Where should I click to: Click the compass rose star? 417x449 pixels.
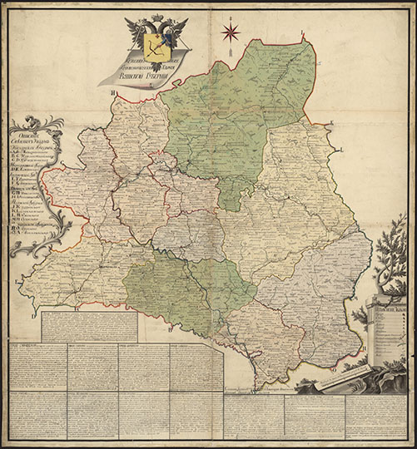click(x=231, y=32)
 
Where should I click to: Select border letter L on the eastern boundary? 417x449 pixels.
click(x=341, y=149)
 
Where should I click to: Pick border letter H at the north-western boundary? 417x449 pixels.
click(x=111, y=93)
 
